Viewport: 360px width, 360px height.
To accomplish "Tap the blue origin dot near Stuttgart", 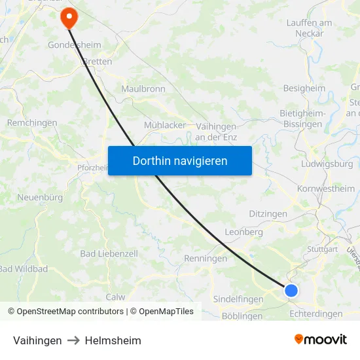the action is click(291, 290).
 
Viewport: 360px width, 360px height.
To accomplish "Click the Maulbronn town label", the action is click(143, 88).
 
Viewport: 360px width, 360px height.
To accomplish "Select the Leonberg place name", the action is click(243, 232).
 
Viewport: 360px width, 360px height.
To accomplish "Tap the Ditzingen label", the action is click(268, 214).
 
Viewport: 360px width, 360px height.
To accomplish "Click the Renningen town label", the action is click(206, 259).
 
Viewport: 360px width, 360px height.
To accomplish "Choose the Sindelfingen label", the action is click(238, 299).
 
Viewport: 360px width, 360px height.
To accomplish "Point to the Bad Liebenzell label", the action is click(109, 253).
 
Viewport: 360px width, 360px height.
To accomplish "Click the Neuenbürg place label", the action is click(39, 197).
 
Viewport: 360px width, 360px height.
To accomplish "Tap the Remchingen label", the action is click(32, 122).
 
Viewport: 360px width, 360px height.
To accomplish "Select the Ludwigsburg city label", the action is click(327, 164).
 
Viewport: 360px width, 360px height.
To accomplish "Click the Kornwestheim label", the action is click(325, 189).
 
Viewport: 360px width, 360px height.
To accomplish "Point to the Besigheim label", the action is click(304, 88).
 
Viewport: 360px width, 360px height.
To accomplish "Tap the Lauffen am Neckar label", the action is click(309, 27).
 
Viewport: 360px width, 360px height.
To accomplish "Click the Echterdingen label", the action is click(315, 314).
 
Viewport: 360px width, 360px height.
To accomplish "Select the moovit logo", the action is click(321, 340).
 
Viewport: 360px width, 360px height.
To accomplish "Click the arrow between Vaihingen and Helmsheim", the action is click(73, 340).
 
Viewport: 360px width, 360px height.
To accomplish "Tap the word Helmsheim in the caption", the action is click(113, 340).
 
